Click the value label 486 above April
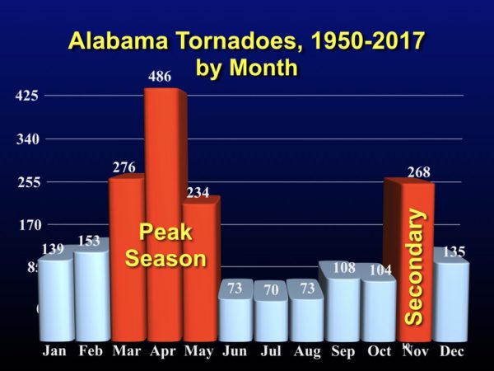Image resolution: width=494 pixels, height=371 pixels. [x=160, y=77]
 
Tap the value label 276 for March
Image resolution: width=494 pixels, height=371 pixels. [x=123, y=168]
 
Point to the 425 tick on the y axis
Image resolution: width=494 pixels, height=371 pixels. [x=27, y=96]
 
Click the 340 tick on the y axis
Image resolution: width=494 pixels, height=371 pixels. [x=27, y=139]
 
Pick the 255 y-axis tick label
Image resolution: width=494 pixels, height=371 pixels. [x=27, y=182]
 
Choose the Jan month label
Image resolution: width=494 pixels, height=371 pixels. [x=55, y=351]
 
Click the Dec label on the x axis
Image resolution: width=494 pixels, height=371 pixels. [x=451, y=351]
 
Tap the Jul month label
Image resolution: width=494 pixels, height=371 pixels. [x=271, y=351]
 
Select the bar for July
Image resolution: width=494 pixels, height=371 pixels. [x=271, y=317]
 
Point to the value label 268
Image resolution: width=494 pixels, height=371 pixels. [x=417, y=172]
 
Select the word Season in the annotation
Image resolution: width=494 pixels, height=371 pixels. [x=165, y=258]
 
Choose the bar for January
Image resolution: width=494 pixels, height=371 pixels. [x=54, y=301]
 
